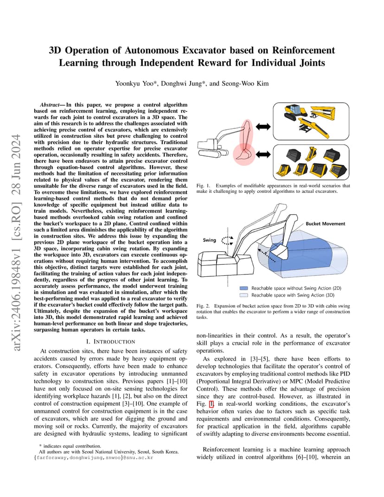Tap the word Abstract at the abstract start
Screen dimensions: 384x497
point(50,105)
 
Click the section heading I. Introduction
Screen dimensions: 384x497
point(110,342)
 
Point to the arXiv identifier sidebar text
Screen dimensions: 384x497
point(17,243)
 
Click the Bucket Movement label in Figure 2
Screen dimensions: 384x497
point(326,223)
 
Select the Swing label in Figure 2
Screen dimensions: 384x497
point(209,240)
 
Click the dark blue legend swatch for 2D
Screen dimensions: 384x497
point(244,288)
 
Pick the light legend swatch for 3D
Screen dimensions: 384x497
point(244,295)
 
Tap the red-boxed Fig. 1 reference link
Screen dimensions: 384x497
point(211,404)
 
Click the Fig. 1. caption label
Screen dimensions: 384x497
point(203,186)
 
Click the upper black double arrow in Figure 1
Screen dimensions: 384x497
point(263,127)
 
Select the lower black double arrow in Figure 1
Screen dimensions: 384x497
point(263,154)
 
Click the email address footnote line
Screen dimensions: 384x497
point(94,458)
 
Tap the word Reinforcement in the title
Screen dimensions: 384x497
point(303,51)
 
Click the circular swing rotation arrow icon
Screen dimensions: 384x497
point(227,241)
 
